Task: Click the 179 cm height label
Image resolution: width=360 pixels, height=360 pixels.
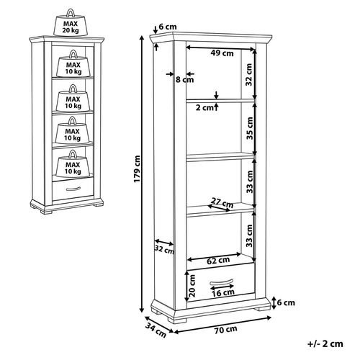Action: coord(137,169)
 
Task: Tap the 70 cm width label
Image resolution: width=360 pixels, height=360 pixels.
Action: coord(225,330)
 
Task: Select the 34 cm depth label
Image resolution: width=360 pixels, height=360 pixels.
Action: coord(156,330)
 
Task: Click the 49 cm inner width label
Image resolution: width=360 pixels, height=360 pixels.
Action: coord(222,53)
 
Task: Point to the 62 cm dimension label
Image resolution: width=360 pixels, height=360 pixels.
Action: coord(218,260)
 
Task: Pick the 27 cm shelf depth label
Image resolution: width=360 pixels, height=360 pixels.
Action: coord(222,202)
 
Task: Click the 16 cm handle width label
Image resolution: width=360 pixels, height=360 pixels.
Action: coord(223,292)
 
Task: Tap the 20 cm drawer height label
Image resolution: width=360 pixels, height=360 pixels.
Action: coord(192,286)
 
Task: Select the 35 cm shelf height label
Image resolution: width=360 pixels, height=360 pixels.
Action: coord(250,128)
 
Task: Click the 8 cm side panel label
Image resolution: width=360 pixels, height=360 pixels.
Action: coord(184,79)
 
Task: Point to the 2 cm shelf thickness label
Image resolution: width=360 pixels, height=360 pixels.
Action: coord(204,108)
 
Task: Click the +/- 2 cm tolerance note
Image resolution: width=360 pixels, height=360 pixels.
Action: coord(325,343)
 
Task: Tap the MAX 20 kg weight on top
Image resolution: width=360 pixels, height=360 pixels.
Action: coord(71,23)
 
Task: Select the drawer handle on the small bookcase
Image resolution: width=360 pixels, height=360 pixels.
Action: coord(73,189)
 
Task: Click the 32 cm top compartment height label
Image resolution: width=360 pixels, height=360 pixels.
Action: coord(248,74)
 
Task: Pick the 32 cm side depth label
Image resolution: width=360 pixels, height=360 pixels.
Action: coord(164,249)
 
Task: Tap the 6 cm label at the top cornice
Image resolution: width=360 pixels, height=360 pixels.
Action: coord(168,27)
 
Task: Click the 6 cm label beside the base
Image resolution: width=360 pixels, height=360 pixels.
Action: coord(286,302)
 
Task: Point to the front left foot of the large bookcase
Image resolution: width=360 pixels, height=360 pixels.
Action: coord(177,320)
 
